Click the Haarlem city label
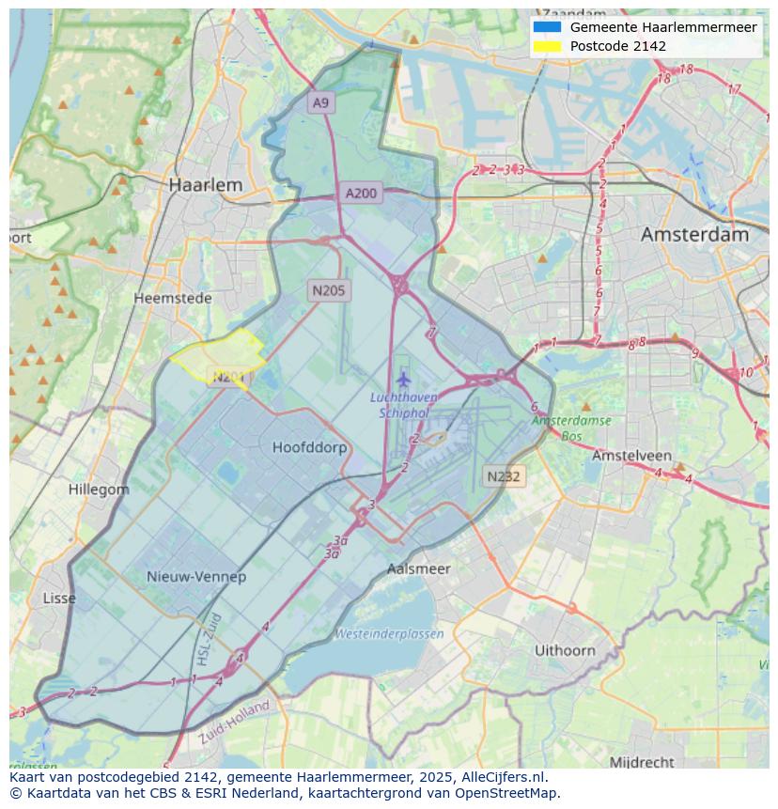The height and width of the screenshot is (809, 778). click(x=205, y=185)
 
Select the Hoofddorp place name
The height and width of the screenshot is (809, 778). click(x=309, y=447)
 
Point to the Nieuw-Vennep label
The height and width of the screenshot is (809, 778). click(x=196, y=576)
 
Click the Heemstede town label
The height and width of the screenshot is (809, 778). click(x=172, y=298)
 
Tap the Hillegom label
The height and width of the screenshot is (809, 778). click(x=99, y=490)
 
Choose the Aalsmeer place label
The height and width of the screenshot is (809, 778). click(x=418, y=568)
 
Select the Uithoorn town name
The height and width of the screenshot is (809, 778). click(x=565, y=650)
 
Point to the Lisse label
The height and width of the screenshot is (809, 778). click(x=59, y=599)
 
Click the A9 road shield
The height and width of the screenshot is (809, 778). click(x=321, y=102)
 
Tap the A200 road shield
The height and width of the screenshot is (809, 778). click(x=361, y=194)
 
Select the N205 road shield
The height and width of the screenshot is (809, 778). click(x=329, y=290)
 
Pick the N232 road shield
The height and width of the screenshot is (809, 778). click(x=504, y=476)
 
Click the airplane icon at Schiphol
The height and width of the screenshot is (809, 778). click(x=404, y=379)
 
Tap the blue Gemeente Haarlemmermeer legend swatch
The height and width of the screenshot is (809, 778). click(x=546, y=27)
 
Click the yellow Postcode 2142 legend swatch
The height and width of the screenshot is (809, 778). click(x=546, y=46)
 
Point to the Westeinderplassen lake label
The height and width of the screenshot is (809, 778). click(x=389, y=633)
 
